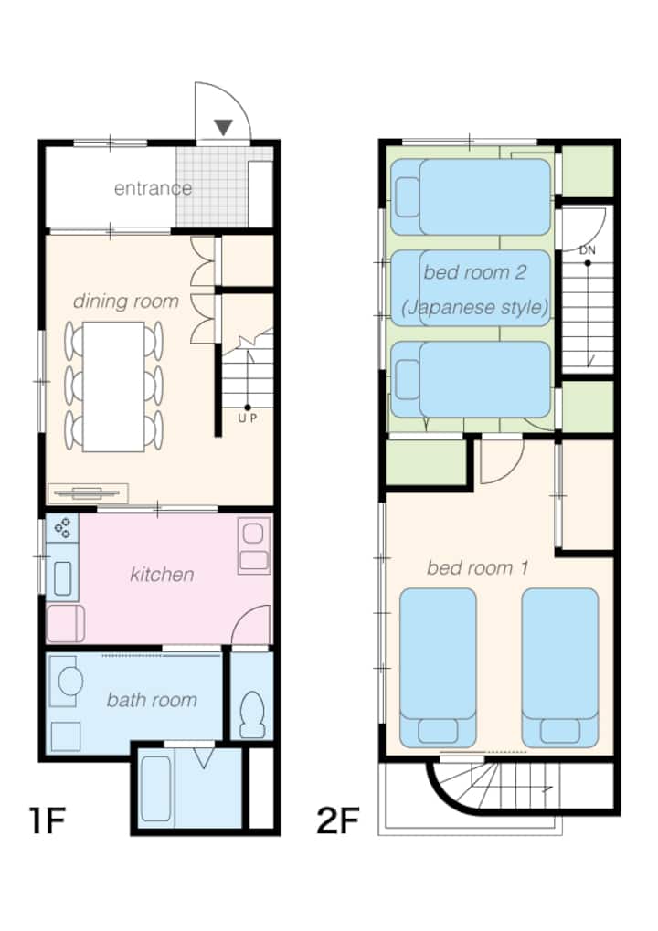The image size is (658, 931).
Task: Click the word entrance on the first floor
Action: point(154,188)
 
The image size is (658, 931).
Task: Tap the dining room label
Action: point(126,301)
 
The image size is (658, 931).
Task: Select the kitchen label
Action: point(162,574)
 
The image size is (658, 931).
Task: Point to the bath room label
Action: point(152,700)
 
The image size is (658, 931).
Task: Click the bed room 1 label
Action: point(477,567)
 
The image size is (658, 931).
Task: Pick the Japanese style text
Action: point(474,307)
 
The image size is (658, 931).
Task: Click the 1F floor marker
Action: point(47,820)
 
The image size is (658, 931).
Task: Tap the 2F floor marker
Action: point(338,820)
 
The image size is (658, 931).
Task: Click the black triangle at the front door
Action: point(223,127)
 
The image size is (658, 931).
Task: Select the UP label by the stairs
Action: point(248,418)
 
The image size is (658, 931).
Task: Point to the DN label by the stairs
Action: point(588,250)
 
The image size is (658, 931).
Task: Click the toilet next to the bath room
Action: point(253,714)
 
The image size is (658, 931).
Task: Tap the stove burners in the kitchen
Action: point(62,528)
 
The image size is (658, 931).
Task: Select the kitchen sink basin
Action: point(63,578)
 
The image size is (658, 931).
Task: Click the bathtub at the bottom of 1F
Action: point(156,788)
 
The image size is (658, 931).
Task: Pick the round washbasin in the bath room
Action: point(70,681)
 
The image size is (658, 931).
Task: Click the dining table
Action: point(113,386)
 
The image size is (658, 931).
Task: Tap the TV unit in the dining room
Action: point(88,492)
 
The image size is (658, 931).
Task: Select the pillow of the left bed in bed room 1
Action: point(438,730)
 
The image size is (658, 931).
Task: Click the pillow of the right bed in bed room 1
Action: point(560,730)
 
